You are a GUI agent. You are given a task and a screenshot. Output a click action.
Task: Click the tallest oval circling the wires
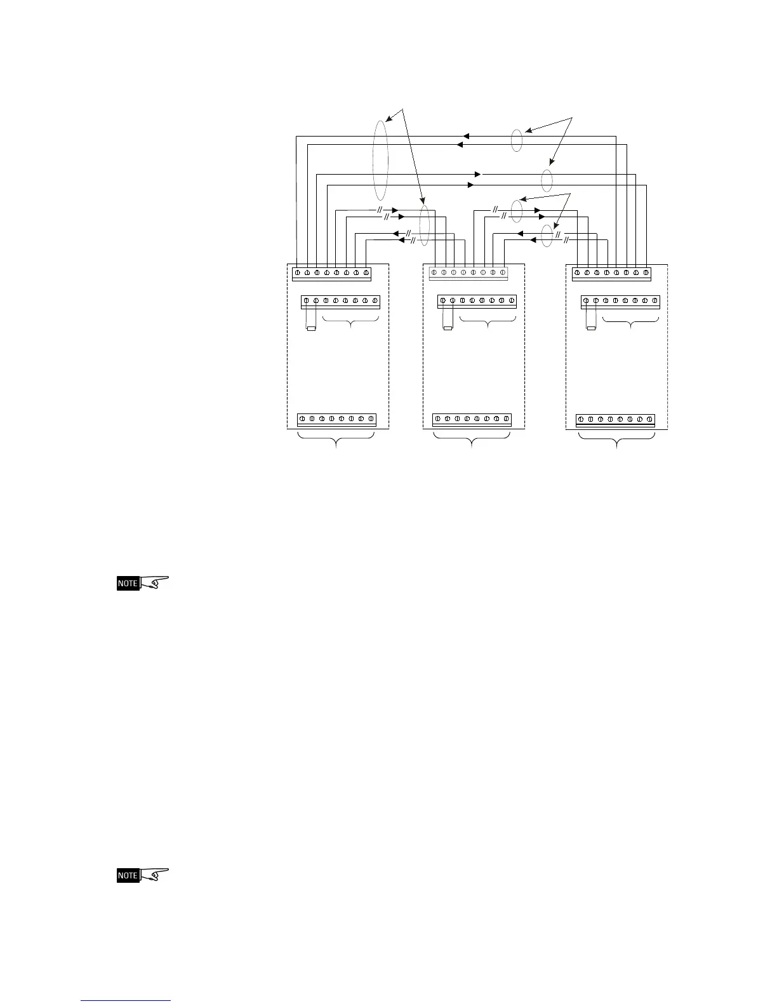(x=380, y=158)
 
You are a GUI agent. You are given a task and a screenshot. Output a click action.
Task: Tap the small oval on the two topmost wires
(x=517, y=140)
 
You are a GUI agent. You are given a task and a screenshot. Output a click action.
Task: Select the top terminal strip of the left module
(x=331, y=273)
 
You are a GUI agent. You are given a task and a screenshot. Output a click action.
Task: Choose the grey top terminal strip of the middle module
(x=468, y=273)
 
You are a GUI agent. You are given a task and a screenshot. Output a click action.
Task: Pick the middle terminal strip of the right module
(x=620, y=301)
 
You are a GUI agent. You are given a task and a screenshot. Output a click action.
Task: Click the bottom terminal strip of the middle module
(x=472, y=420)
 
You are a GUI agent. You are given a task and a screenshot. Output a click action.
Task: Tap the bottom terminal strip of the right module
(x=615, y=420)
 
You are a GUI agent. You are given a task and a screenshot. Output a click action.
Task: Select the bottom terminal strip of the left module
(x=336, y=420)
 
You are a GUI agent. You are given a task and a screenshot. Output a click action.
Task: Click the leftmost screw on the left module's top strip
(x=298, y=273)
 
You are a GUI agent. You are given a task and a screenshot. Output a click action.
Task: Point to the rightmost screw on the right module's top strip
(x=646, y=273)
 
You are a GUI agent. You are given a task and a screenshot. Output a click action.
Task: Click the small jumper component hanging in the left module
(x=311, y=328)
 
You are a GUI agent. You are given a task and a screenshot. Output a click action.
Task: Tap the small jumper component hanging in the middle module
(x=448, y=328)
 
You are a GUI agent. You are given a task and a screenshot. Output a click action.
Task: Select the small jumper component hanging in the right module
(x=591, y=328)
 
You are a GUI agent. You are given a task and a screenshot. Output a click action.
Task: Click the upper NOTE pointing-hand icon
(x=143, y=583)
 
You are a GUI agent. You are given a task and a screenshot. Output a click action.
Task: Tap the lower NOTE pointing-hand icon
(x=143, y=875)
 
